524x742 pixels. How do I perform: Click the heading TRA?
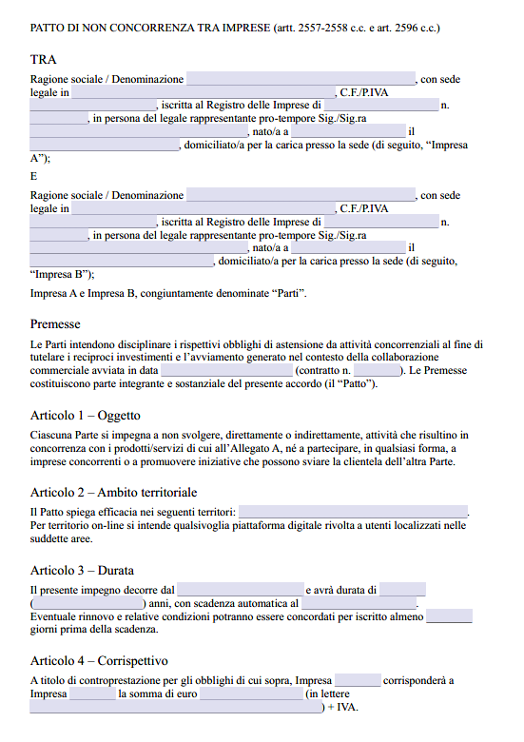point(43,60)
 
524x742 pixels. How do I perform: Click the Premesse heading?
point(55,323)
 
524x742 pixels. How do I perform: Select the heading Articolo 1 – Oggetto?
point(86,416)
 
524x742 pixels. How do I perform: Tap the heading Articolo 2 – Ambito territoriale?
point(113,492)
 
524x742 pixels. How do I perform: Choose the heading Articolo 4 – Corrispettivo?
point(99,660)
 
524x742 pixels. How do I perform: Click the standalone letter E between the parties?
point(34,175)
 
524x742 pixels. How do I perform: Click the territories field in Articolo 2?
point(353,512)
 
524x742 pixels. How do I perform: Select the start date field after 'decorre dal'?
point(240,590)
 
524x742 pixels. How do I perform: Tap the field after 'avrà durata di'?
point(403,590)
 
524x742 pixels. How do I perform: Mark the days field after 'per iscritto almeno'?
point(450,616)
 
